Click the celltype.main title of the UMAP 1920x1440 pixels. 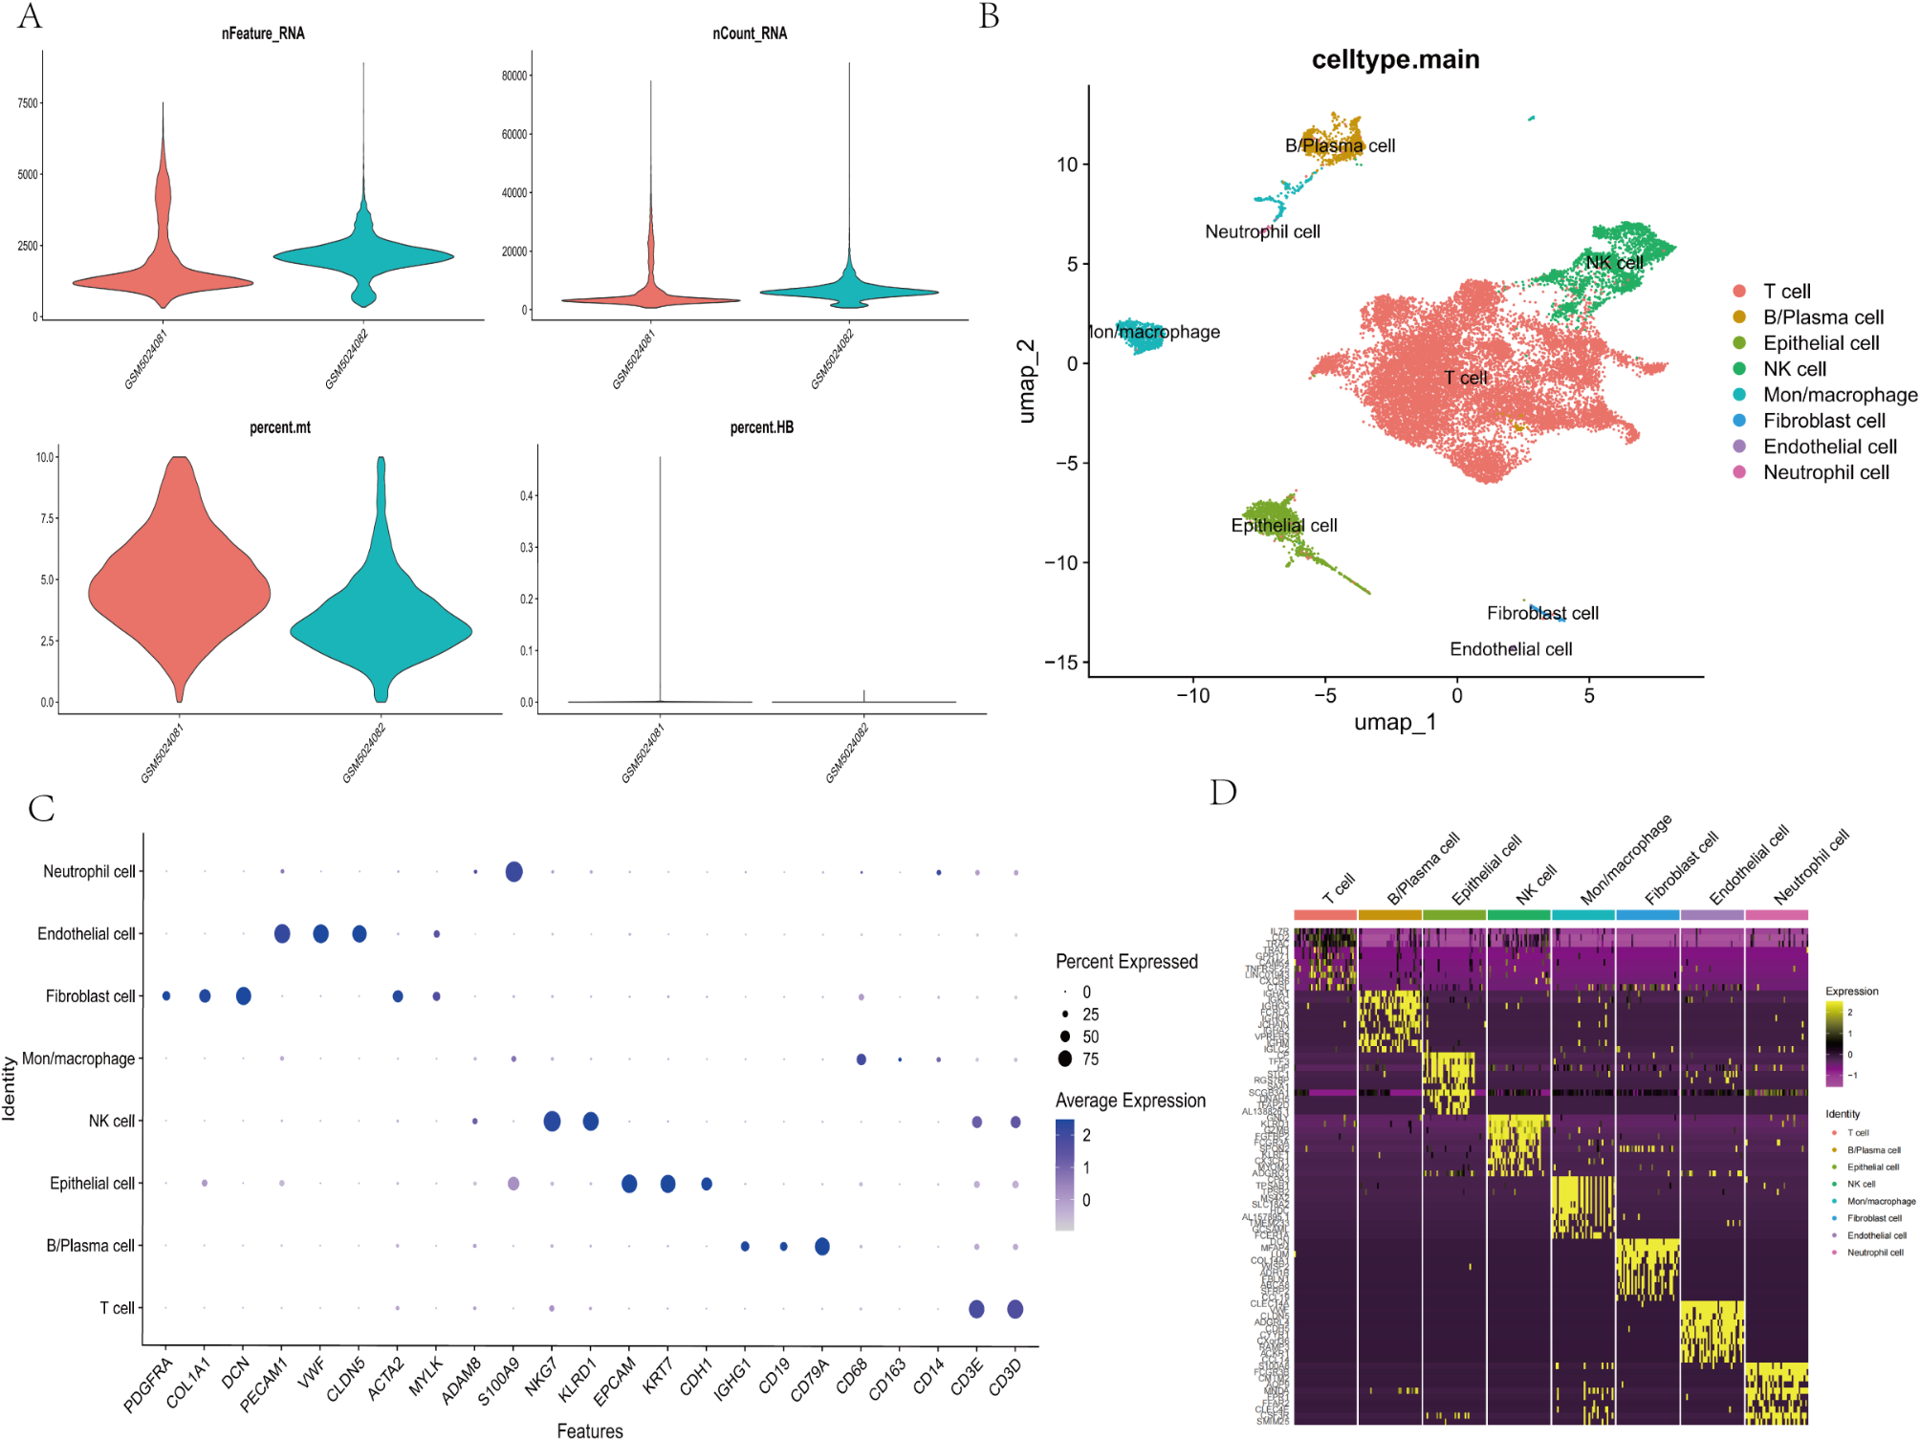[1394, 59]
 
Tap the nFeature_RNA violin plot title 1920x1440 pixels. [263, 33]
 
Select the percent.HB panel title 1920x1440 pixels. [761, 427]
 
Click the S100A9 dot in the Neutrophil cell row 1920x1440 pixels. [513, 871]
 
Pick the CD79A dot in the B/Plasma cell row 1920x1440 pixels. [821, 1246]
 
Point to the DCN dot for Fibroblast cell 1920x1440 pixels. [243, 996]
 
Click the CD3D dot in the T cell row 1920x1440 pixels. [1015, 1309]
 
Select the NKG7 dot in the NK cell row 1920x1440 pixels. [552, 1121]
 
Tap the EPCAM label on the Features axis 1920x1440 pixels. [614, 1383]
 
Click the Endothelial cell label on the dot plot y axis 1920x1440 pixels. [86, 934]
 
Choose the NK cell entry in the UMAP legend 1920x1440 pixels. [1794, 369]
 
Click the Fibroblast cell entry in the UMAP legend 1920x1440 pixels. [1823, 421]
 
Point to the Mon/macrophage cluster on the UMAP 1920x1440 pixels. [1142, 336]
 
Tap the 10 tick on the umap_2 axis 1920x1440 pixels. [1066, 164]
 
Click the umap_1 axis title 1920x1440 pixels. [1394, 722]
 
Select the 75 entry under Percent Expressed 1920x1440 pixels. [1090, 1059]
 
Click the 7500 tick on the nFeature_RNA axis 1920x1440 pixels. [28, 103]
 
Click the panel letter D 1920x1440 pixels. [1223, 793]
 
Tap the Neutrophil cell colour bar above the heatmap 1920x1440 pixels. [1776, 915]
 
